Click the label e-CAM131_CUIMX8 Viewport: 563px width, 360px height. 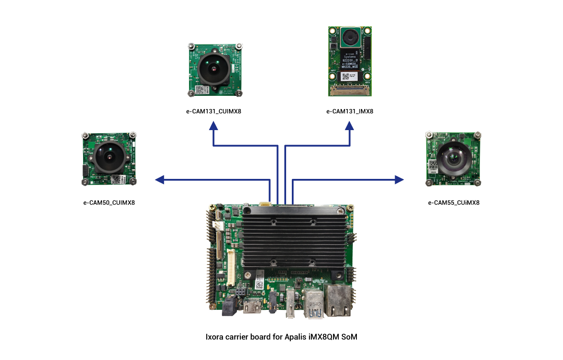[x=214, y=111]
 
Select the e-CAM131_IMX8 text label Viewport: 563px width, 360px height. [x=350, y=111]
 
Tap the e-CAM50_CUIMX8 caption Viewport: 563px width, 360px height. [x=109, y=203]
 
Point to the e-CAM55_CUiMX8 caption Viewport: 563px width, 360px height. [x=454, y=203]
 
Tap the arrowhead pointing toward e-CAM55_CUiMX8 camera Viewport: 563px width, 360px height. [x=399, y=179]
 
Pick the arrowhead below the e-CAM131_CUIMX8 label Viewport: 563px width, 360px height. [x=214, y=126]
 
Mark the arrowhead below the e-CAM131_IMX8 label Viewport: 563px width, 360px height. [x=349, y=126]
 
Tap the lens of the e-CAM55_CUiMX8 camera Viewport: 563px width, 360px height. [x=453, y=157]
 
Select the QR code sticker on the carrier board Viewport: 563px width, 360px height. [x=259, y=284]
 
